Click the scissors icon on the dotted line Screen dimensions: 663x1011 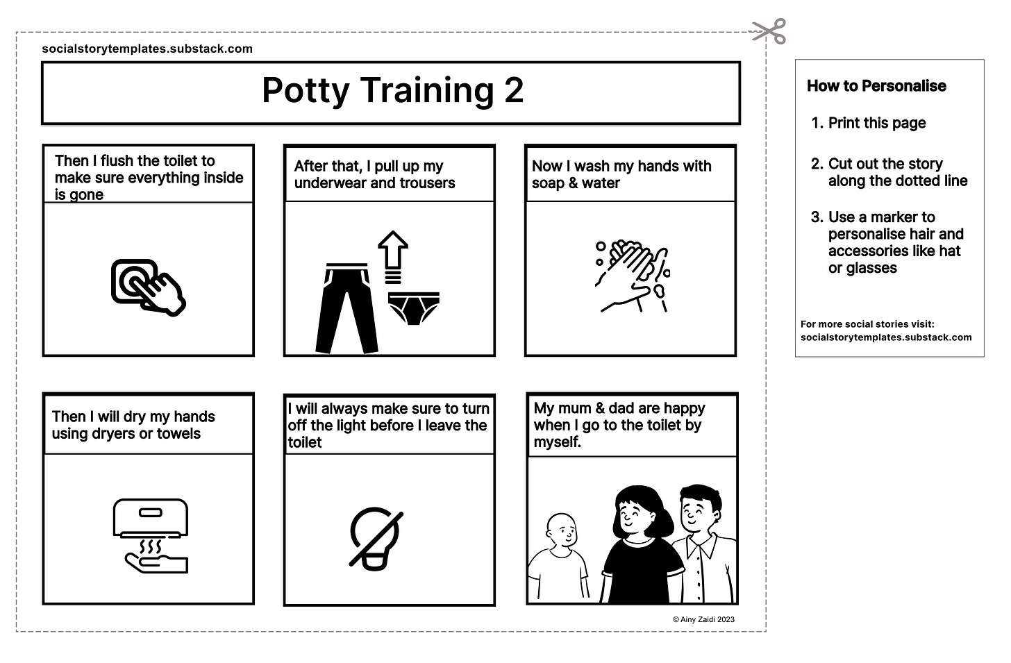coord(768,31)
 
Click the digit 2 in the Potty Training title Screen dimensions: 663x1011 coord(513,90)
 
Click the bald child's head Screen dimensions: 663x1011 coord(562,530)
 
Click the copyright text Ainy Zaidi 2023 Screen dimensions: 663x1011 coord(703,619)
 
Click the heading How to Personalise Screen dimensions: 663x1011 coord(876,86)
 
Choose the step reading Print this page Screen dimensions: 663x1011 coord(876,124)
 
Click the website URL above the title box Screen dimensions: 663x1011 coord(147,49)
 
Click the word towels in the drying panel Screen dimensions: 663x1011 coord(179,434)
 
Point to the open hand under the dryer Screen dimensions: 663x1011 coord(156,562)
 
